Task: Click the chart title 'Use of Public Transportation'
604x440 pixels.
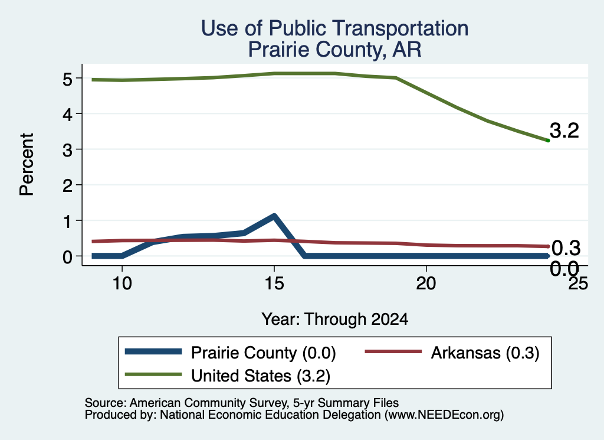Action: click(335, 28)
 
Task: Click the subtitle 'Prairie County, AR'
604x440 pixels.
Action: click(335, 50)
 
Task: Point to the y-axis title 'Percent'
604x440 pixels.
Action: click(27, 164)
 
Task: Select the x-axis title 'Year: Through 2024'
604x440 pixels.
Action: click(335, 320)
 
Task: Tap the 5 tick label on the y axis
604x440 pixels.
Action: click(67, 79)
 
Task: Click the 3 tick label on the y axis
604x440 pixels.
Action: click(67, 150)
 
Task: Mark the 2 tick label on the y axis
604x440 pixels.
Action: click(67, 185)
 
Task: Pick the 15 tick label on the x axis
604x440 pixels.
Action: click(274, 284)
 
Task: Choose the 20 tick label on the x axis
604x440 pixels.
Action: click(426, 284)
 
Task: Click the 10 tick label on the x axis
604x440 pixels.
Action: click(122, 284)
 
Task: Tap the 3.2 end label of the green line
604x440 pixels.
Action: click(564, 131)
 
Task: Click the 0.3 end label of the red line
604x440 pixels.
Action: click(566, 248)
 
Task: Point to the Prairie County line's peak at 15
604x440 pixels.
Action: click(274, 216)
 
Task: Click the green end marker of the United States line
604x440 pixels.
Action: click(548, 141)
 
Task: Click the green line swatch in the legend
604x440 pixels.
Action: click(153, 374)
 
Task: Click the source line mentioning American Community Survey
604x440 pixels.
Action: click(241, 403)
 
